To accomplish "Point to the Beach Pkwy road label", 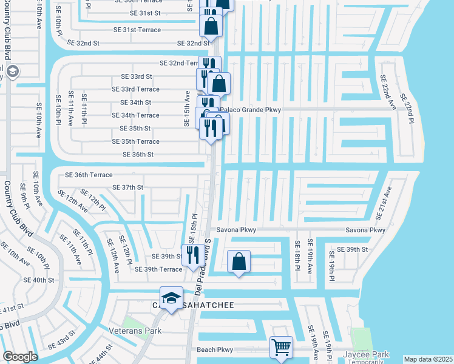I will click(215, 349).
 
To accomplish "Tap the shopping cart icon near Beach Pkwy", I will click(281, 348).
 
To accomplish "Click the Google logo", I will click(20, 356).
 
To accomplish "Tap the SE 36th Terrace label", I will click(89, 175).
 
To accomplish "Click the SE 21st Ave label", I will click(381, 203).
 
